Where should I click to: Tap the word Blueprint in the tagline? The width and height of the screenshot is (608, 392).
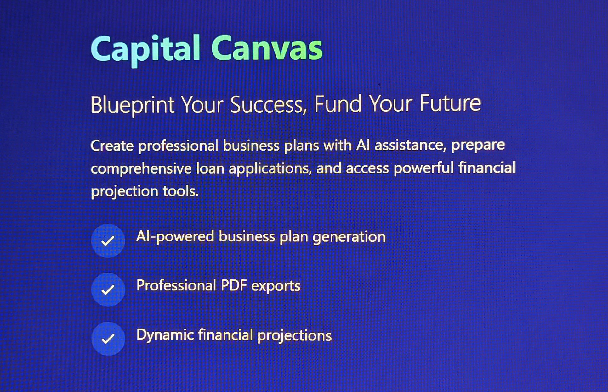point(132,105)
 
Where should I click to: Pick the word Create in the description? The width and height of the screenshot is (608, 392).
point(112,146)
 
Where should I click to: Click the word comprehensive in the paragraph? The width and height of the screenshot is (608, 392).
point(141,169)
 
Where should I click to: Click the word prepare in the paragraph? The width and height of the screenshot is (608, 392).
point(478,146)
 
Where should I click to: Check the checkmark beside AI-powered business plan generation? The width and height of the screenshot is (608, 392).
point(108,241)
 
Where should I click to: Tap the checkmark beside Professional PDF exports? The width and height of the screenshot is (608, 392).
point(108,290)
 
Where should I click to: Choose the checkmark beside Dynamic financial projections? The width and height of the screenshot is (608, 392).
point(108,339)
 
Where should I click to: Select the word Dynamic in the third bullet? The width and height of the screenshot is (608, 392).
point(165,335)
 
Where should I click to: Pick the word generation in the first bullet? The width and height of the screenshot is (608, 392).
point(349,237)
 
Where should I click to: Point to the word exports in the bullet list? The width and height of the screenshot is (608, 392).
point(276,286)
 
